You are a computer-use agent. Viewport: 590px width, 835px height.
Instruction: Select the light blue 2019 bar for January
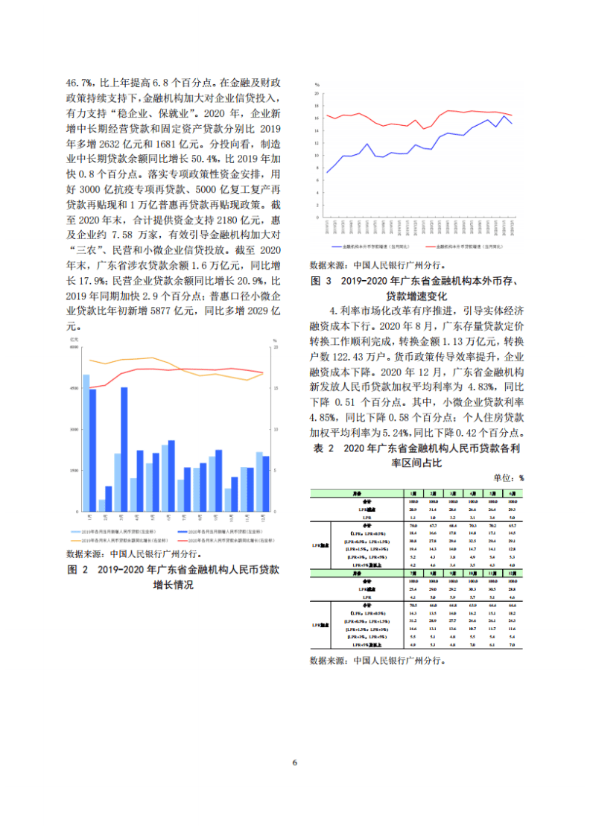click(86, 443)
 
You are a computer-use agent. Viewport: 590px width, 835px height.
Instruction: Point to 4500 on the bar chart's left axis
click(74, 388)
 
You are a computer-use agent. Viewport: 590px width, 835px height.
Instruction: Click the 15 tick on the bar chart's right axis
click(276, 388)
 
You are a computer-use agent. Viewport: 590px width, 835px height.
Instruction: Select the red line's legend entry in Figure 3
click(462, 244)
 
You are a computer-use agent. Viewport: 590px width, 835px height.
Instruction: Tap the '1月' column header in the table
click(412, 493)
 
